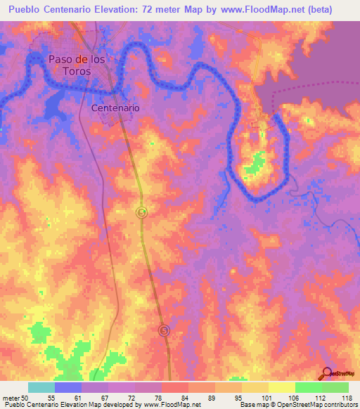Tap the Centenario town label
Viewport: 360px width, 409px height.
point(115,108)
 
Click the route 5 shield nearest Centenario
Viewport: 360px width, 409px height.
point(141,212)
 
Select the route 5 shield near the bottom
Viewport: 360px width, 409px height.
point(165,330)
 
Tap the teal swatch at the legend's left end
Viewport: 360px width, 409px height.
point(41,387)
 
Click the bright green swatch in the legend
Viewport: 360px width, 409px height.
point(308,387)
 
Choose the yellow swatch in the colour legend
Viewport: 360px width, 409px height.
point(281,387)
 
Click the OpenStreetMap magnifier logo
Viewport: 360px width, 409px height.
point(326,375)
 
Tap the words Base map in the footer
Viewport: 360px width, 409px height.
point(252,405)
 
